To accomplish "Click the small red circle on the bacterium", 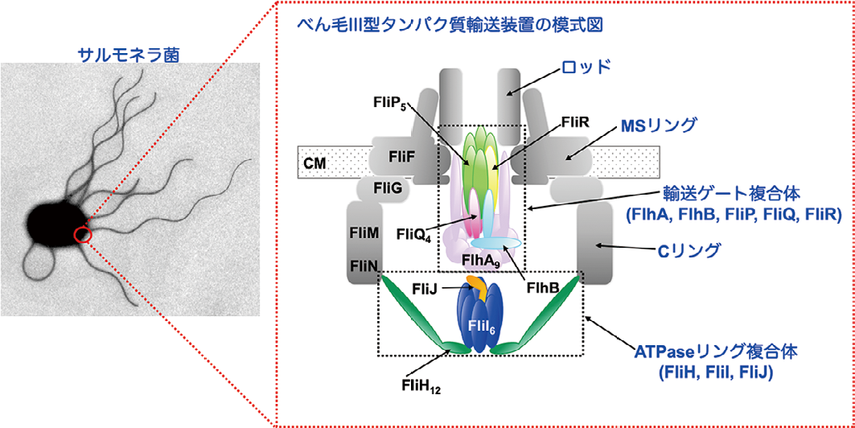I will coord(83,235).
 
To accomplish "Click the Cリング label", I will coord(687,252).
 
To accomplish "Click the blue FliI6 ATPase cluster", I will coord(480,323).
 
